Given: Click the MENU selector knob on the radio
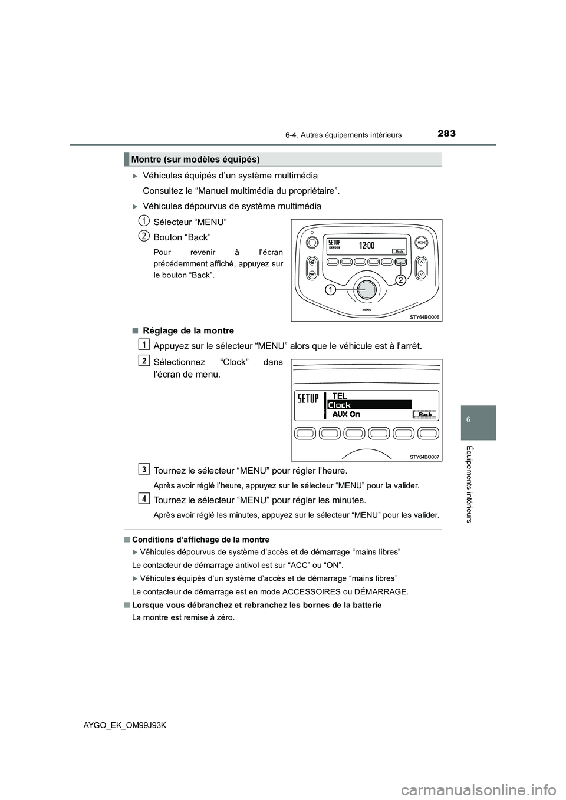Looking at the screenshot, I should (367, 289).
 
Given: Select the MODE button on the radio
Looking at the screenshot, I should (422, 243).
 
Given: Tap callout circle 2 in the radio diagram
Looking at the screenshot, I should (400, 280).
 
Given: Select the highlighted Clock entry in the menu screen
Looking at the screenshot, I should (368, 405).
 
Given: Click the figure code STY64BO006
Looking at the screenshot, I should (424, 317).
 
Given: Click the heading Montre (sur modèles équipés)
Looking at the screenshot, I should (196, 160).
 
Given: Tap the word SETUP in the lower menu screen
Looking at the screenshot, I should (308, 399).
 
